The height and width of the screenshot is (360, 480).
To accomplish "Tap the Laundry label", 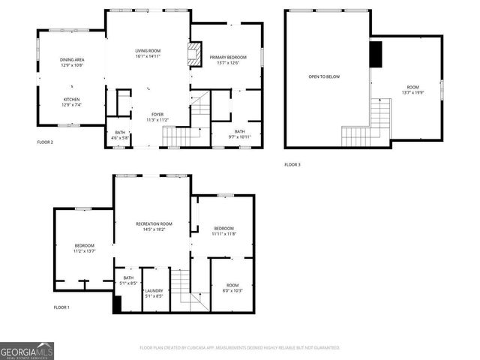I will point(154,292).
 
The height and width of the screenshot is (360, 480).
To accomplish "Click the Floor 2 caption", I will point(45,141).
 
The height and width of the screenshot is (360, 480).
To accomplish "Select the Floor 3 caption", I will point(292,164).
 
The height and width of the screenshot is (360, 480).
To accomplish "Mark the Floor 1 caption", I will point(61,307).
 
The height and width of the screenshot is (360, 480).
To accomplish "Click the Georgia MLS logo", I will point(27,350).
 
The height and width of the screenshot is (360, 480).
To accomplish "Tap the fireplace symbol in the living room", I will point(194,55).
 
